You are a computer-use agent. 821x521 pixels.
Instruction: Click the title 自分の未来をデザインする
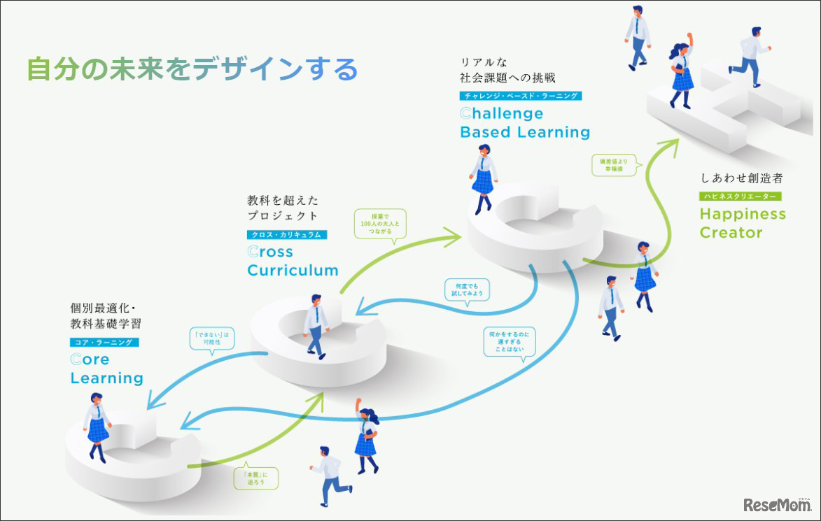point(192,70)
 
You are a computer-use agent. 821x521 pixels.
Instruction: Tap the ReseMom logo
point(775,504)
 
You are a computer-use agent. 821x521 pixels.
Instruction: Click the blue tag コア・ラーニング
point(104,342)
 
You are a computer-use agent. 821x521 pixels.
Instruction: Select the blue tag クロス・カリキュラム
point(287,235)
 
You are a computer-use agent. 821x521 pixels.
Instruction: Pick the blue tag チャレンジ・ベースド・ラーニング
point(521,96)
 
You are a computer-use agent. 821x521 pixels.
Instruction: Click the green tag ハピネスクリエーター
point(741,197)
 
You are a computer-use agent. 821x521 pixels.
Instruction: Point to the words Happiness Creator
point(742,223)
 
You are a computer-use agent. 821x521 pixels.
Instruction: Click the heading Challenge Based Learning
point(524,123)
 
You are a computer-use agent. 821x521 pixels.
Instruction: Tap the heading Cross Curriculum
point(293,261)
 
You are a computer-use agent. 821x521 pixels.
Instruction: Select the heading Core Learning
point(106,369)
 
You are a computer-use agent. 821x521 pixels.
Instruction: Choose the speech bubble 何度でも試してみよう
point(467,289)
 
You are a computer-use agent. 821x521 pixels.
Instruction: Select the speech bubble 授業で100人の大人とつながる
point(381,224)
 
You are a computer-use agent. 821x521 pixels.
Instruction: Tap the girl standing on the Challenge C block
point(483,178)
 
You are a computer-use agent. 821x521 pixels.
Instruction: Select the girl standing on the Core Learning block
point(97,426)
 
